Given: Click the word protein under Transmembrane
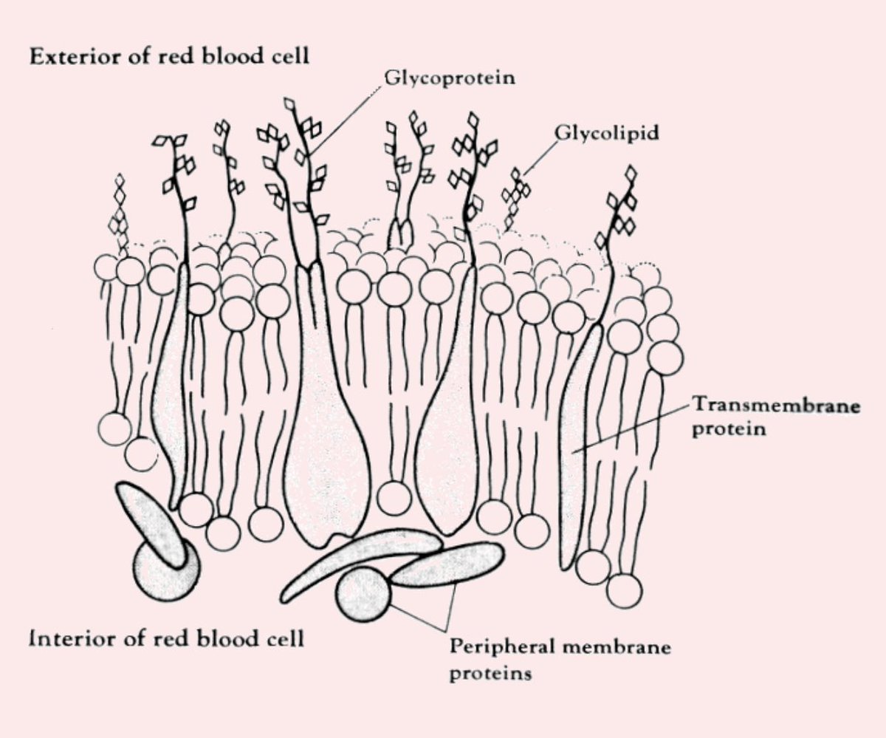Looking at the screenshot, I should [728, 429].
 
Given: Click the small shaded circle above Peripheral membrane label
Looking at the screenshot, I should [362, 595].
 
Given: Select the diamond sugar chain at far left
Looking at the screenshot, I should [118, 211].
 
